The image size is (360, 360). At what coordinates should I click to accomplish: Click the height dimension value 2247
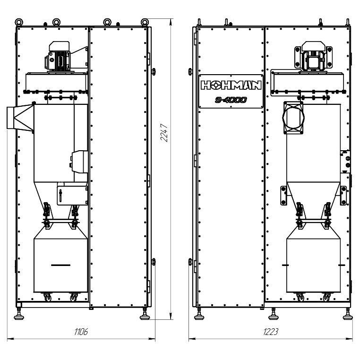tap(164, 133)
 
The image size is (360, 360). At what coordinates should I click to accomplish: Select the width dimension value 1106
tap(81, 332)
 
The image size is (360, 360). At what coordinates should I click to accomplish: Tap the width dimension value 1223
tap(271, 332)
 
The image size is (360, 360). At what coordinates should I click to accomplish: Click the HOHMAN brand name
tap(231, 85)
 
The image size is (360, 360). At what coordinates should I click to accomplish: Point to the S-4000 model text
tap(231, 100)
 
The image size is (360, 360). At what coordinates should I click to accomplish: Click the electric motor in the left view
tap(58, 57)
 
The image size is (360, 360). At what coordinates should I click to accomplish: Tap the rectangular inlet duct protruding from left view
tap(20, 118)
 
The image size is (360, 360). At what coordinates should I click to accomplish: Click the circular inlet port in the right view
tap(293, 117)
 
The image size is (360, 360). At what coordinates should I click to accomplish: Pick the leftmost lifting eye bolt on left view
tap(19, 22)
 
